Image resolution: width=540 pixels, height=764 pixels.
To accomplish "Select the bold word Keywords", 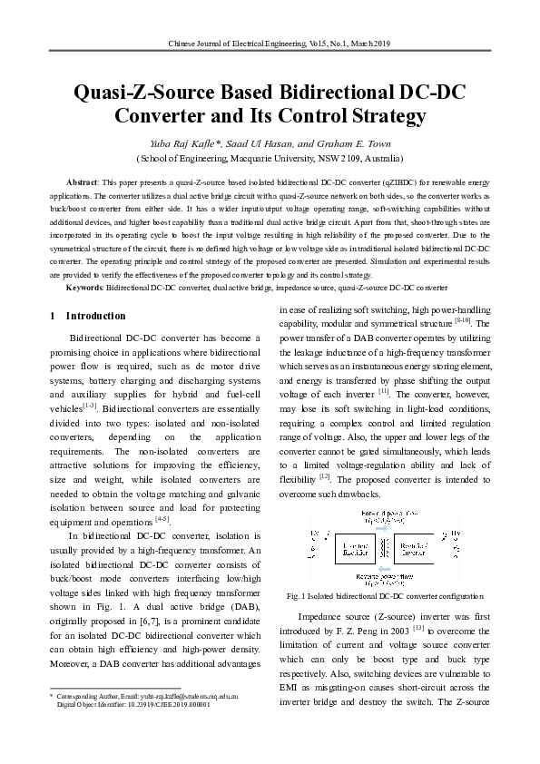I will (86, 287).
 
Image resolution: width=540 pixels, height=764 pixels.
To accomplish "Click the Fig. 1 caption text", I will (385, 596).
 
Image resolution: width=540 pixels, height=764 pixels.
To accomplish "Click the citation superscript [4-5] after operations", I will (162, 519).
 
